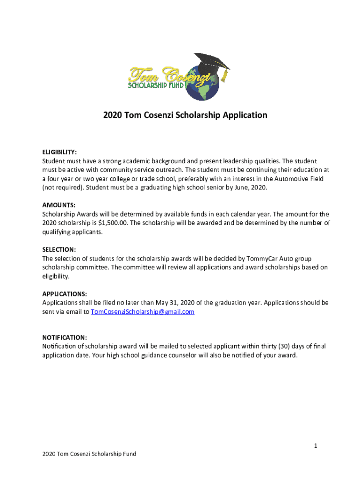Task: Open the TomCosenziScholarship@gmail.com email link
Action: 143,312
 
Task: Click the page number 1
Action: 316,446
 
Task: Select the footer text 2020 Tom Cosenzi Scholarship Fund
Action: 89,454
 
